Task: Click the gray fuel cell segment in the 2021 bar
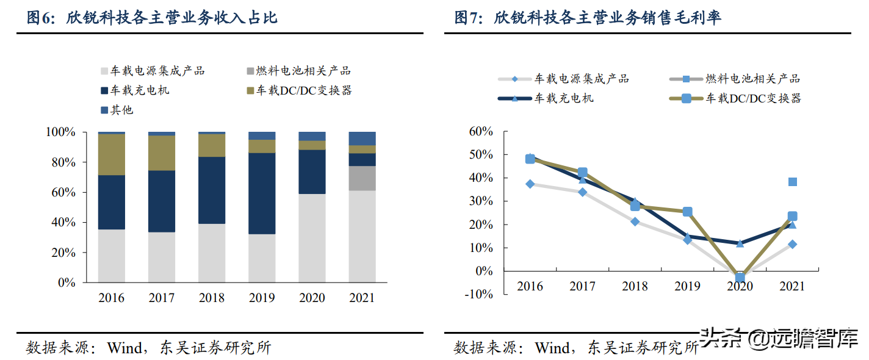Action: point(362,178)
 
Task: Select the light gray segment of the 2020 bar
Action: point(312,238)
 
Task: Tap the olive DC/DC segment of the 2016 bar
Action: point(112,154)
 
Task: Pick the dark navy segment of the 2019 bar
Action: point(262,193)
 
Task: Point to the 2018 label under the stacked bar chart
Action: point(211,298)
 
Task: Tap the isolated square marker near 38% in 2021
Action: point(792,182)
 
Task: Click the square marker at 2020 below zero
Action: point(740,278)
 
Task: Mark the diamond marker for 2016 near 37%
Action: point(530,184)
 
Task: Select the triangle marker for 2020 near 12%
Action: point(740,243)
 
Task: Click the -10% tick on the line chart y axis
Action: point(480,294)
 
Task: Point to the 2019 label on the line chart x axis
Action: point(687,286)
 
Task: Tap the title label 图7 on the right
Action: point(469,18)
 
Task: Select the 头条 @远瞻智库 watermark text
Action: point(781,338)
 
